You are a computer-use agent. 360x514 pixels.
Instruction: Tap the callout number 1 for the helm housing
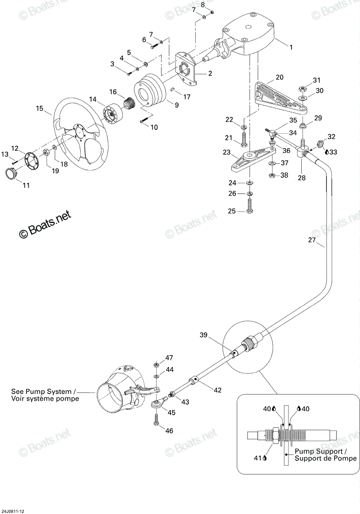pos(291,47)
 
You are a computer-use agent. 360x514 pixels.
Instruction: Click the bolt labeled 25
pos(250,206)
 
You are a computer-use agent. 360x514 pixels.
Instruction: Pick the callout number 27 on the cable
pos(312,240)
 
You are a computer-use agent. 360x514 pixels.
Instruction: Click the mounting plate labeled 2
pos(187,69)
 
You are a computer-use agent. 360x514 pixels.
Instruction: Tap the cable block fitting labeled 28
pos(301,152)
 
